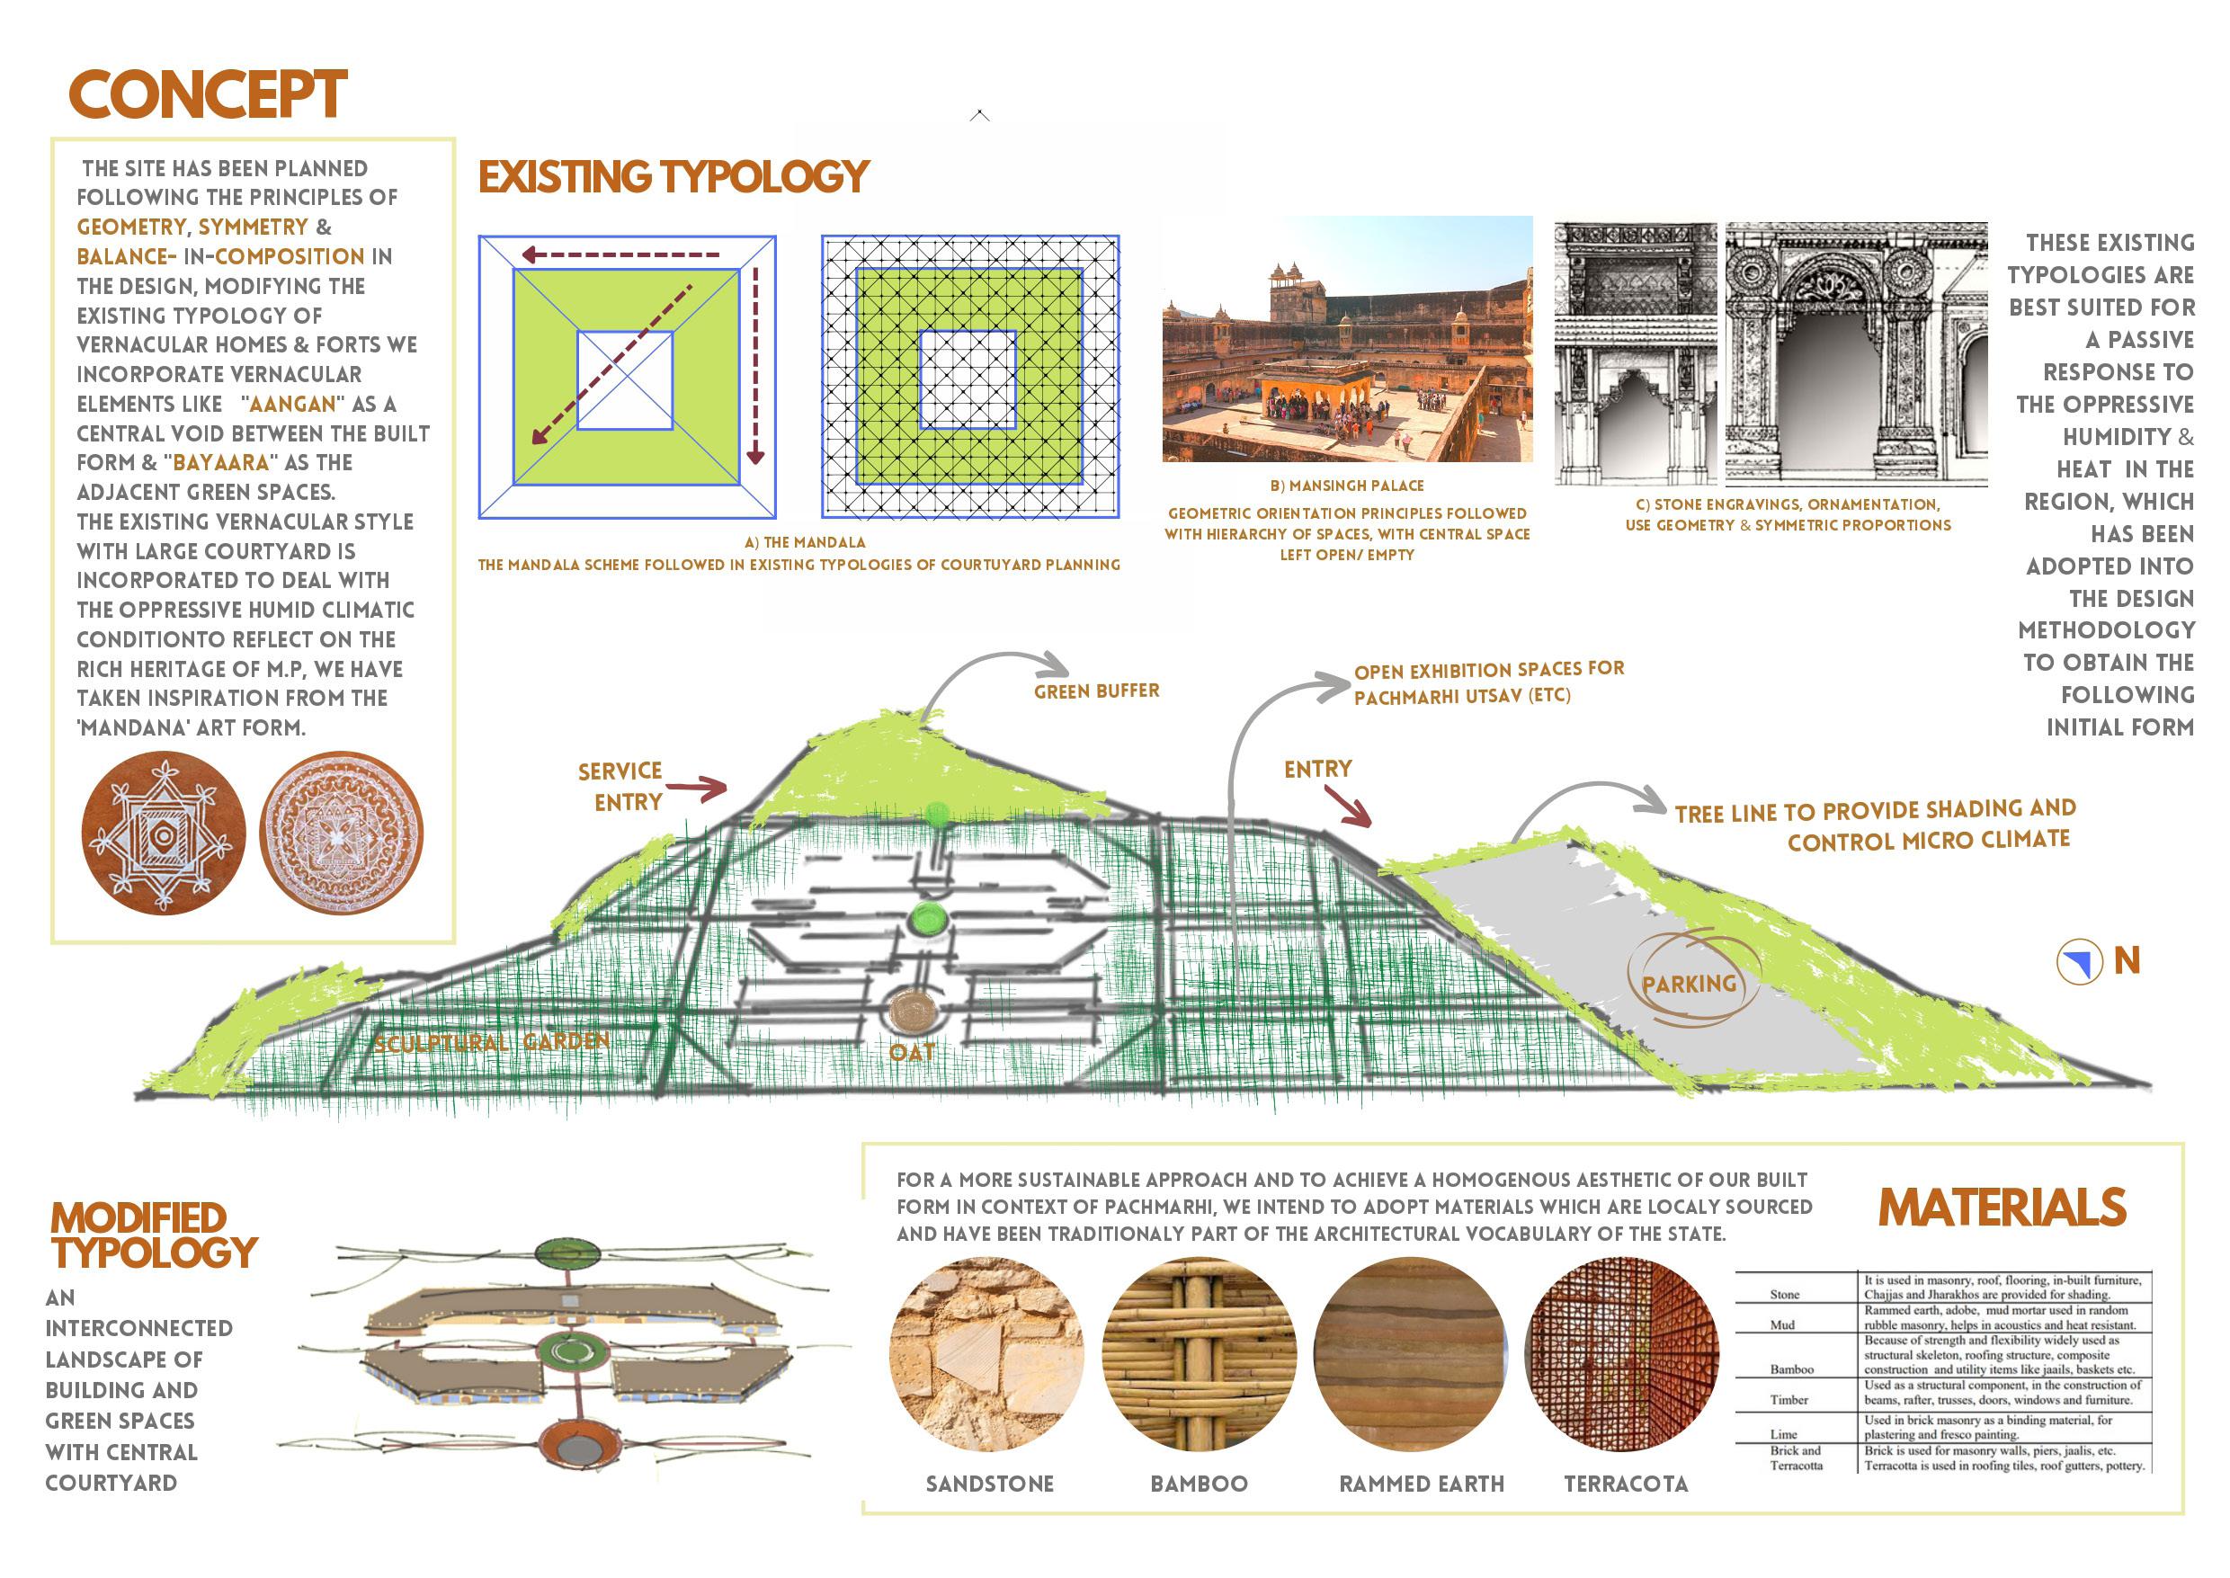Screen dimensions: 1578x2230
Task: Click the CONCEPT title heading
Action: coord(207,95)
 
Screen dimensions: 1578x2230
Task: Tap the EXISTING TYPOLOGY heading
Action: coord(673,178)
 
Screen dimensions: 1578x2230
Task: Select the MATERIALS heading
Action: coord(2002,1208)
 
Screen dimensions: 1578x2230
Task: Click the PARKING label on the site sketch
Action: coord(1689,985)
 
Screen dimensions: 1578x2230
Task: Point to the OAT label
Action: coord(912,1052)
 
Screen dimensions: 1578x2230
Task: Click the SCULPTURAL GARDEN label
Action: coord(492,1043)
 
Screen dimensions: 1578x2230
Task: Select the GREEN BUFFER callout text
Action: coord(1096,691)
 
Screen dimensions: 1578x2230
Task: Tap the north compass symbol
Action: coord(2078,962)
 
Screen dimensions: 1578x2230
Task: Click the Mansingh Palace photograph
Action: coord(1347,338)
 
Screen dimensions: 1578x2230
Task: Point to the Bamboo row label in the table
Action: coord(1792,1369)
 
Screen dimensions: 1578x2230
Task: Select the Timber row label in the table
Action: coord(1788,1400)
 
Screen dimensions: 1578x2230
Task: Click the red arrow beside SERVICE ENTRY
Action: coord(697,788)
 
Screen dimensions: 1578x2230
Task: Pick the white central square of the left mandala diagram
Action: coord(625,380)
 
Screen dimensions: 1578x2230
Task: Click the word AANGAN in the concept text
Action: coord(292,405)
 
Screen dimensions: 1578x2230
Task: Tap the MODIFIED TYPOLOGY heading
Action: coord(154,1235)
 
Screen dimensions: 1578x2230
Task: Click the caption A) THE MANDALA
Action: coord(805,542)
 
